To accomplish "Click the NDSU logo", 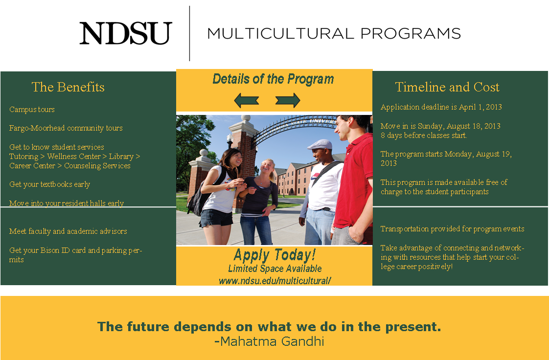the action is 126,33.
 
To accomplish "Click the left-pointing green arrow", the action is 247,100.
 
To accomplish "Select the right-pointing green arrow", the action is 287,100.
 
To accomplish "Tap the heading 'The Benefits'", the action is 68,87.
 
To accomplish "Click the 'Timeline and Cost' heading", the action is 447,87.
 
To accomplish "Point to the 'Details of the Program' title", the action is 273,79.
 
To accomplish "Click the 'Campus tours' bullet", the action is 32,110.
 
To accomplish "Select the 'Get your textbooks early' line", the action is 49,184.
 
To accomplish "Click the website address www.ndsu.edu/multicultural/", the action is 275,281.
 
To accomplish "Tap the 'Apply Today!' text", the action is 275,255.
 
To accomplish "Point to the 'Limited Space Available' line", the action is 275,269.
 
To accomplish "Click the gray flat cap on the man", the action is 320,144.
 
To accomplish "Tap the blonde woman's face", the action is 268,168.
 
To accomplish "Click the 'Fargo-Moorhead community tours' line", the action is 66,128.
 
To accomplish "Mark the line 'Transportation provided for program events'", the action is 453,229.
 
